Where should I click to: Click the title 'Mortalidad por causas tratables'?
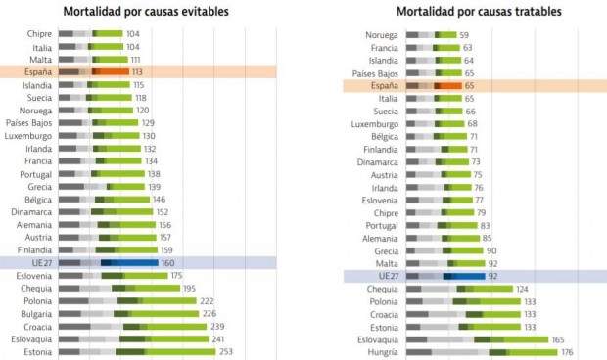(x=480, y=12)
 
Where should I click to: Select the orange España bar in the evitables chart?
(x=93, y=71)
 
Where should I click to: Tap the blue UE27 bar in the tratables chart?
(x=445, y=277)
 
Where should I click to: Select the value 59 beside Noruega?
(x=465, y=34)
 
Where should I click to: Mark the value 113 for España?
(x=138, y=71)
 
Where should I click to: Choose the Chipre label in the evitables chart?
(x=39, y=34)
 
